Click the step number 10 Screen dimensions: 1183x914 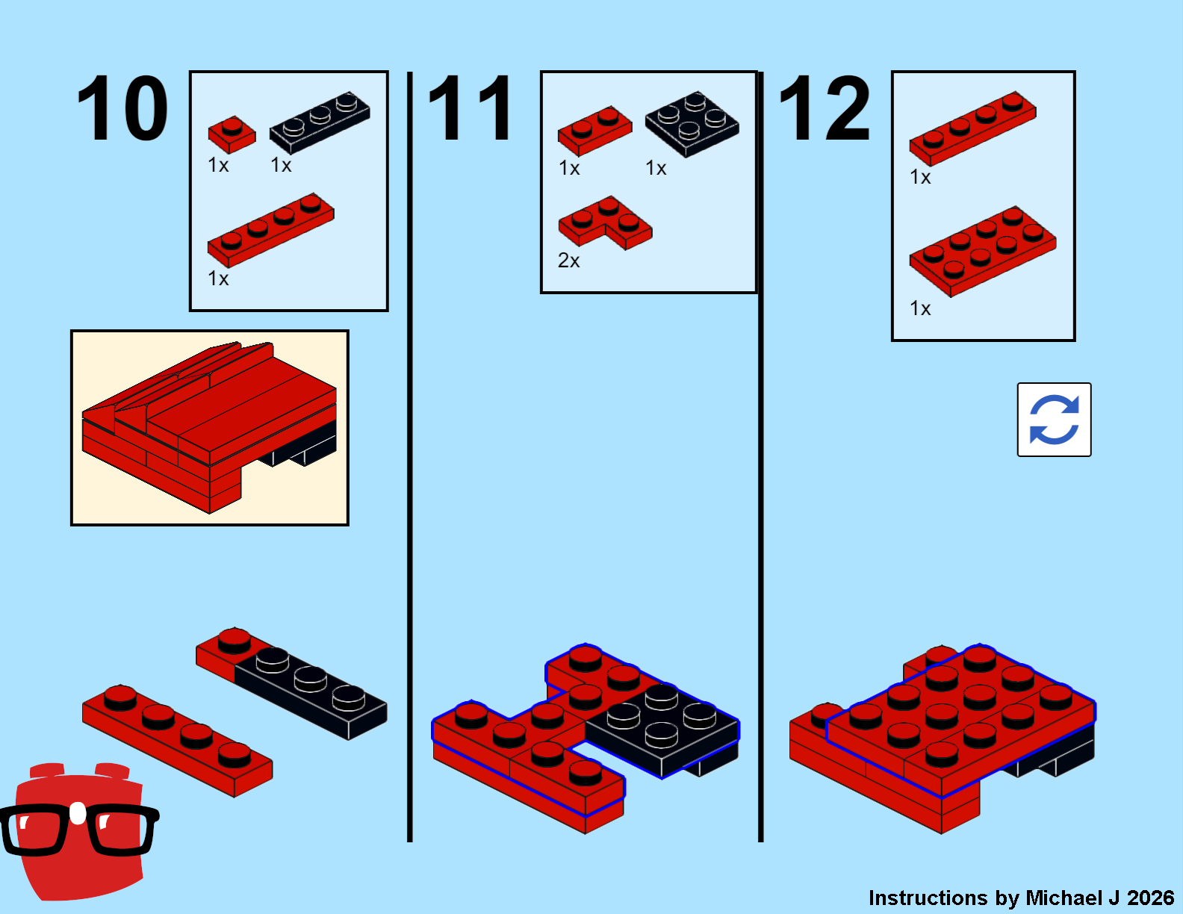(x=122, y=108)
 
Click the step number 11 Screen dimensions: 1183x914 (x=471, y=108)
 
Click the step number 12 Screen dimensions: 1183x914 (x=824, y=108)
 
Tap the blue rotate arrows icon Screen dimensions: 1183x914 (x=1054, y=419)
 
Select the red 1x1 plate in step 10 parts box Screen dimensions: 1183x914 (x=232, y=134)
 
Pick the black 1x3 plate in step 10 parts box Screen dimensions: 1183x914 (x=320, y=122)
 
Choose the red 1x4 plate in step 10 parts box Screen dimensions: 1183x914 (x=270, y=230)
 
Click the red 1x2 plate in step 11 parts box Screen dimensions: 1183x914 (x=594, y=131)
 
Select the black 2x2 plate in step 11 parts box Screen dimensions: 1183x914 (x=692, y=124)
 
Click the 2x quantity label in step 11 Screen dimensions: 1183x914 (x=568, y=261)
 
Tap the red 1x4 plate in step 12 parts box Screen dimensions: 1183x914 (x=972, y=128)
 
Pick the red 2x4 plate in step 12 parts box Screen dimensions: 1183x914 (x=983, y=252)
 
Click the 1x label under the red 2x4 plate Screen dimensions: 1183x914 (x=920, y=308)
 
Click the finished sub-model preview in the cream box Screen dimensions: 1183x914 (x=210, y=428)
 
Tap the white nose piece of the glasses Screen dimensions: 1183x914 (x=78, y=813)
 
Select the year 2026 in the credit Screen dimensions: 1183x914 (x=1150, y=898)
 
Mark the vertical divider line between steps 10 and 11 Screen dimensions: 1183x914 (x=410, y=457)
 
